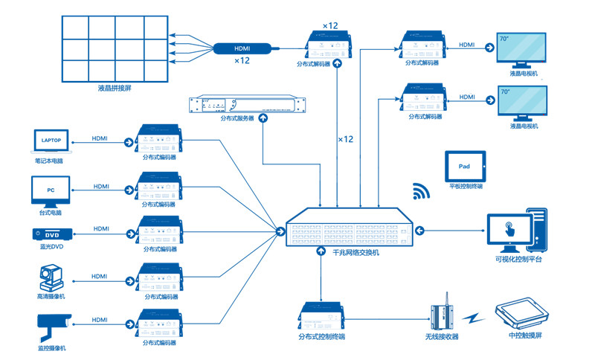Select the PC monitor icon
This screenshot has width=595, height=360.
point(51,190)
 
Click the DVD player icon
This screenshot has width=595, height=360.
point(51,234)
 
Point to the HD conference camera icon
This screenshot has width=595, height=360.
point(51,279)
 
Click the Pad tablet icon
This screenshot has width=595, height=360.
point(464,166)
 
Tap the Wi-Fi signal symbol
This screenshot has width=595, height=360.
point(422,192)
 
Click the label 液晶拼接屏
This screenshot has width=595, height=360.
point(114,88)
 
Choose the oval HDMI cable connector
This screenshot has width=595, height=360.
point(242,48)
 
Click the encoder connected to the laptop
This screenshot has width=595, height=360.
point(159,138)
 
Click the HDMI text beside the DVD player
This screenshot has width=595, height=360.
point(100,228)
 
